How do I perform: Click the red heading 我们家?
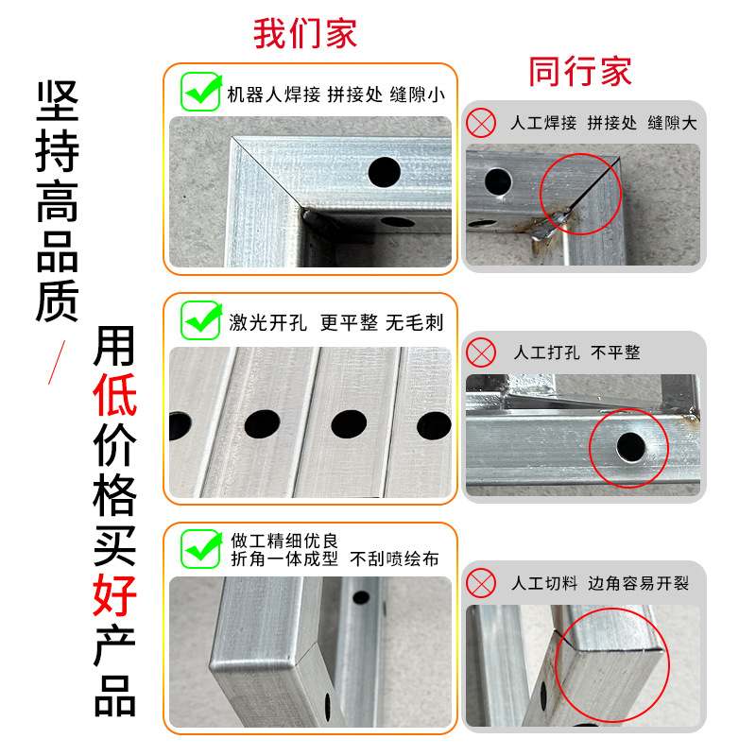pyautogui.click(x=305, y=33)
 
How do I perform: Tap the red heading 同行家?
pyautogui.click(x=579, y=72)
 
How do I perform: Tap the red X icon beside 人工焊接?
pyautogui.click(x=482, y=123)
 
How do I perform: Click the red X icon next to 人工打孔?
pyautogui.click(x=482, y=352)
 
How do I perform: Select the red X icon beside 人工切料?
pyautogui.click(x=482, y=583)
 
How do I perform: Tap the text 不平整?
pyautogui.click(x=616, y=352)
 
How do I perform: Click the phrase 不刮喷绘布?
pyautogui.click(x=395, y=558)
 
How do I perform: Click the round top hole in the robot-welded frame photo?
pyautogui.click(x=384, y=171)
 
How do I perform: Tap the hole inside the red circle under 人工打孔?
pyautogui.click(x=628, y=445)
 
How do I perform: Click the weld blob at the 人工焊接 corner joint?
pyautogui.click(x=560, y=220)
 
